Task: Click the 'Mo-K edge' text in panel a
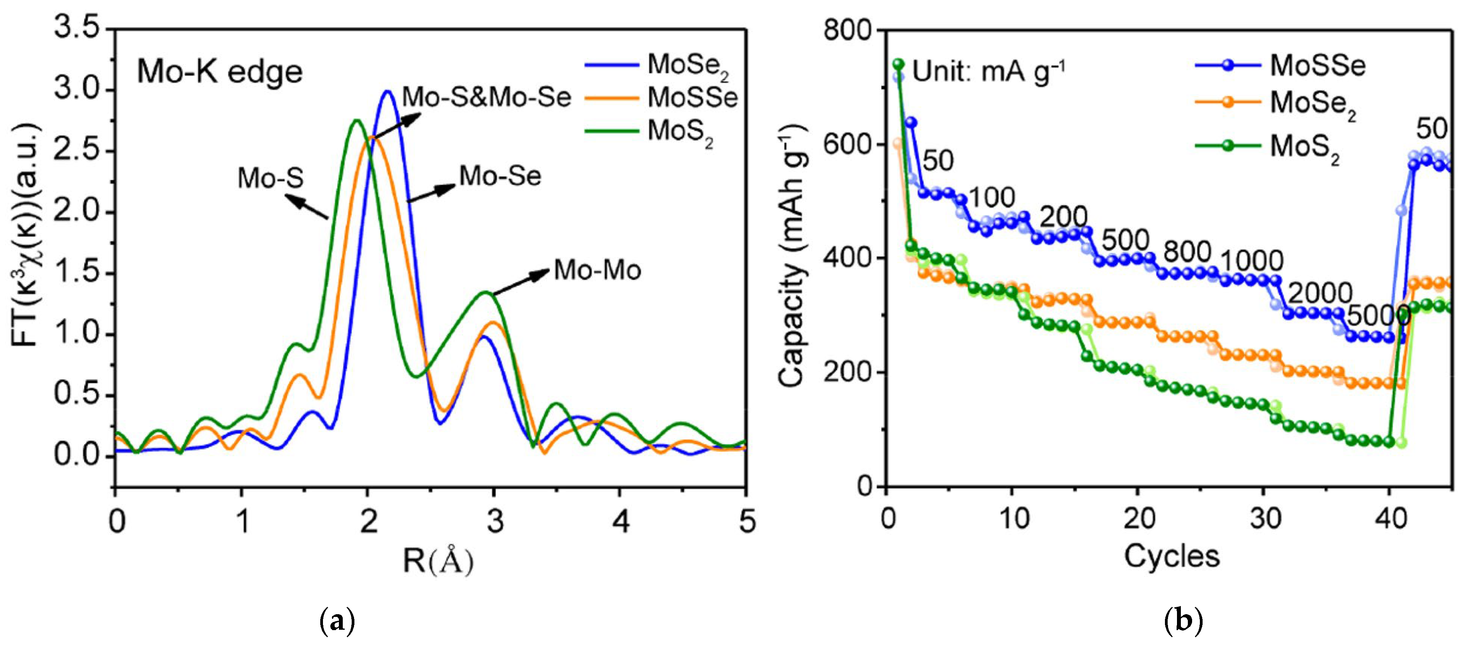point(220,72)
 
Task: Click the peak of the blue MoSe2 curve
point(387,91)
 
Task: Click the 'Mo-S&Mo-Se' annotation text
point(486,97)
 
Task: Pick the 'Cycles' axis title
point(1172,556)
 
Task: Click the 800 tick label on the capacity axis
point(847,30)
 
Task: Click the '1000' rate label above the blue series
point(1251,261)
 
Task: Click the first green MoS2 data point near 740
point(899,64)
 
